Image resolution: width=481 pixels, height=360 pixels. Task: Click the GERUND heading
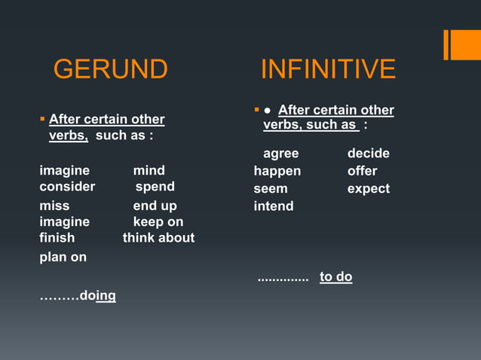click(110, 69)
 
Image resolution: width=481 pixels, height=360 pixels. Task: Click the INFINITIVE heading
click(328, 69)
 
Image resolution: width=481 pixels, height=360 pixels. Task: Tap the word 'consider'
click(67, 186)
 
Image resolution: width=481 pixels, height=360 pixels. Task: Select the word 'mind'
click(149, 170)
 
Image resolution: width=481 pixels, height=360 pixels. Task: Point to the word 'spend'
click(155, 186)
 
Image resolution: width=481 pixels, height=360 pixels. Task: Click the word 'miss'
click(54, 206)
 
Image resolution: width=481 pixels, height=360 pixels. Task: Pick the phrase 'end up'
click(155, 206)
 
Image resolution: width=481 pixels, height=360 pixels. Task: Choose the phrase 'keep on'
click(158, 221)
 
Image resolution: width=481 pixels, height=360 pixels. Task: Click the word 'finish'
click(57, 237)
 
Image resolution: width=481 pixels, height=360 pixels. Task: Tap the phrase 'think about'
click(158, 237)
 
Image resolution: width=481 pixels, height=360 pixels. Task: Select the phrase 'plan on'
click(63, 257)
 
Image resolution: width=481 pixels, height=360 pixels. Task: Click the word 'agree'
click(280, 154)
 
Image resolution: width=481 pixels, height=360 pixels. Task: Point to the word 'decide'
click(368, 154)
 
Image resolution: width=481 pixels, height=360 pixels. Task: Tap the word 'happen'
click(277, 171)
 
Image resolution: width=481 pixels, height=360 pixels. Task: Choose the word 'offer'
click(362, 171)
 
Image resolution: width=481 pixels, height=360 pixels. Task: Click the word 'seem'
click(270, 188)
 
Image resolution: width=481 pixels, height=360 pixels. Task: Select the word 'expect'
click(368, 188)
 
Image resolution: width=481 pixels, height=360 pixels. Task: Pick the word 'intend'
click(274, 206)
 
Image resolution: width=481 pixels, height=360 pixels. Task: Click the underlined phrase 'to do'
click(335, 276)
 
